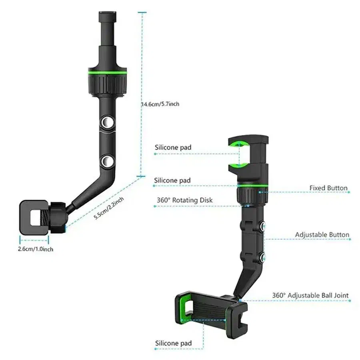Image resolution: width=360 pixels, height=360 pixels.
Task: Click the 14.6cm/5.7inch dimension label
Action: point(160,104)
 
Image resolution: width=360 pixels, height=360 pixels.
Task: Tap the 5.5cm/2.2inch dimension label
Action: point(109,208)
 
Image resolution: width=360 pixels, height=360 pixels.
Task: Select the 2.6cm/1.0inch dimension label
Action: point(36,249)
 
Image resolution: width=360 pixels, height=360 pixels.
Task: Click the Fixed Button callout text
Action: point(328,188)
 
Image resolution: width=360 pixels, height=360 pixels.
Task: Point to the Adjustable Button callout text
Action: point(322,235)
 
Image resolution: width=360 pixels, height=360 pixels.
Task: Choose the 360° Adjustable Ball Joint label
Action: point(310,295)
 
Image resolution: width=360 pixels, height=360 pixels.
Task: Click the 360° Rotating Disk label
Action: point(184,200)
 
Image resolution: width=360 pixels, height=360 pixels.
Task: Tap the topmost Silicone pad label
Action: point(173,147)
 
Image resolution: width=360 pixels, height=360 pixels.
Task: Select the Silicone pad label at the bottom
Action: point(173,343)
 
